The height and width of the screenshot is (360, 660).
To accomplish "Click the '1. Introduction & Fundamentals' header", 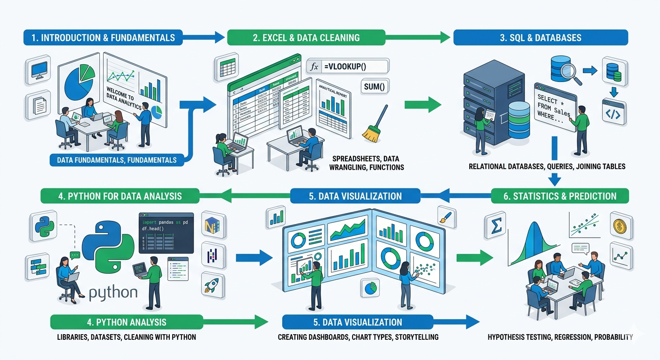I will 103,37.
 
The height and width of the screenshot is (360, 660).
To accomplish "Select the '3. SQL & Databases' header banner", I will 540,37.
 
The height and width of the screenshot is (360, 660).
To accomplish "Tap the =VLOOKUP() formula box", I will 347,67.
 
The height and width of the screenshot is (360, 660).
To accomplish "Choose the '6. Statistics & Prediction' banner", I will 560,196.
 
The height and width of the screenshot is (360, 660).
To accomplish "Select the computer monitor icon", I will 37,71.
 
